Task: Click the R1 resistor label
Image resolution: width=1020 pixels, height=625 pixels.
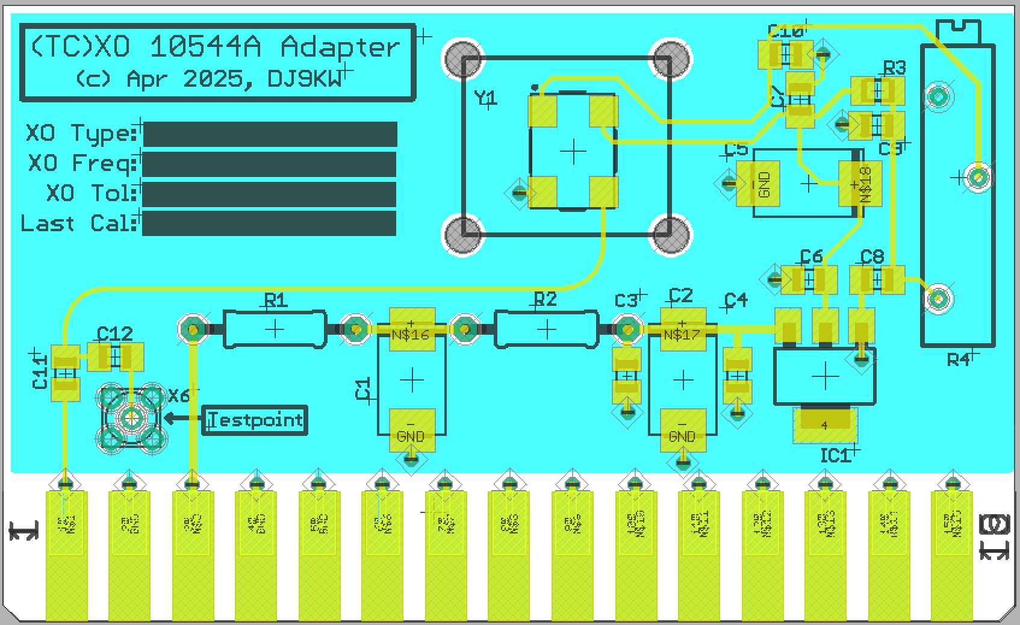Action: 275,300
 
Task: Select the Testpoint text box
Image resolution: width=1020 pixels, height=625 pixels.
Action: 255,420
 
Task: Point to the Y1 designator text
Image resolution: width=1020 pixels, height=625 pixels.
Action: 485,98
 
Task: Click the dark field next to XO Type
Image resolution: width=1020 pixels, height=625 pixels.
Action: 270,134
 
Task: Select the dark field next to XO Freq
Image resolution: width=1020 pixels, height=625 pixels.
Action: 269,164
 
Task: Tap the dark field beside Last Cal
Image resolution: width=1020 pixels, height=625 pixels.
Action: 269,223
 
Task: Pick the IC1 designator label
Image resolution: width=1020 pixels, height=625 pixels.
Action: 835,456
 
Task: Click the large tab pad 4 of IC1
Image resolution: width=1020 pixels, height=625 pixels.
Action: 825,425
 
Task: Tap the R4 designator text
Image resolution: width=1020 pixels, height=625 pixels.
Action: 958,360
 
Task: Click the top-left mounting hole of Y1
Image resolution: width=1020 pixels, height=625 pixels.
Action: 463,59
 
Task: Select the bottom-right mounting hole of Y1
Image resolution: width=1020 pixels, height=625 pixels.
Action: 670,234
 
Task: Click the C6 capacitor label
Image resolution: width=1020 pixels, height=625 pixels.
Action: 811,257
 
